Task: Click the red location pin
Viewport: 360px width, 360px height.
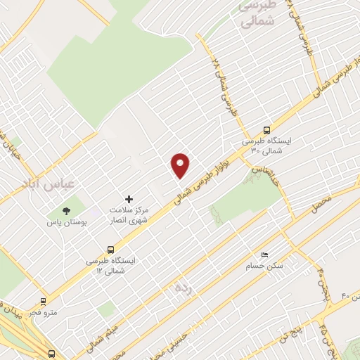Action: [181, 165]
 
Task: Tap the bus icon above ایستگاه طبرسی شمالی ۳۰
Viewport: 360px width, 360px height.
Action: [266, 129]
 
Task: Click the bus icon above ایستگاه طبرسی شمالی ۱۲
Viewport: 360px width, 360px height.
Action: [110, 249]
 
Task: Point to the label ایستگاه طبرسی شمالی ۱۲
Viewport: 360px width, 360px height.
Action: [109, 266]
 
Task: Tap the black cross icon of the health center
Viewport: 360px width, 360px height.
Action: [128, 200]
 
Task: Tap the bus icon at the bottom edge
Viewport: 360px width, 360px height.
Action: [52, 354]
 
